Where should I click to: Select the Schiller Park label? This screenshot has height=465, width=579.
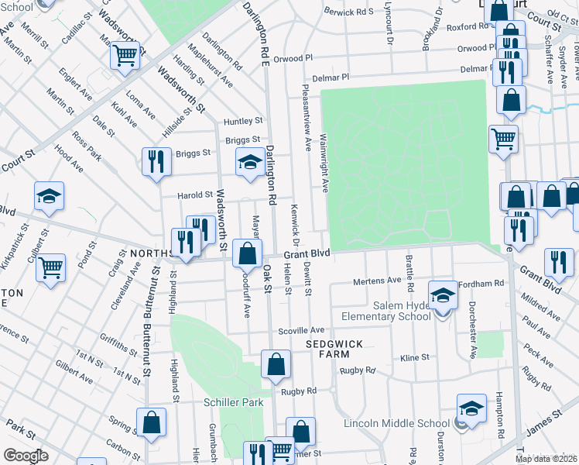click(233, 402)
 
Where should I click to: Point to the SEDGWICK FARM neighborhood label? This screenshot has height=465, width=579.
click(334, 348)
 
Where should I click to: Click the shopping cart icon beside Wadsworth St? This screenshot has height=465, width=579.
click(125, 55)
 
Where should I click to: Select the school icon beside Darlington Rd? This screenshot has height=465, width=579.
click(249, 162)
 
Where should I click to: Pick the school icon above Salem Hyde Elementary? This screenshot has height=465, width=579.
click(442, 294)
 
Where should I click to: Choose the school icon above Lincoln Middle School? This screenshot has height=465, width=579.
click(471, 408)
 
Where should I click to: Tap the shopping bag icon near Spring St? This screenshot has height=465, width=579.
click(152, 422)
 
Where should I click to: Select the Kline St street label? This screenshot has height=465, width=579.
click(414, 358)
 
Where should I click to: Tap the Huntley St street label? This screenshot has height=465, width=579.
click(243, 122)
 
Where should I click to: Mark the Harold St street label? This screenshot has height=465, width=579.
click(195, 195)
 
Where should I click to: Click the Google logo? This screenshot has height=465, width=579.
click(26, 455)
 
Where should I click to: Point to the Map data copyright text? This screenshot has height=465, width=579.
click(545, 459)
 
